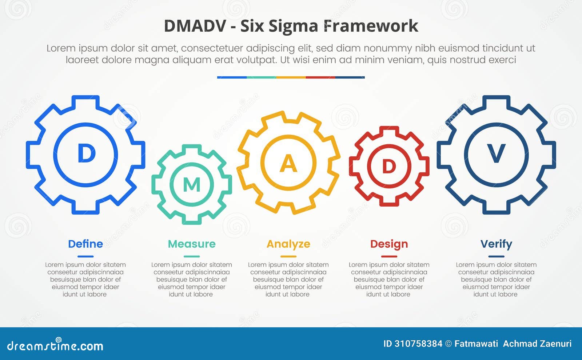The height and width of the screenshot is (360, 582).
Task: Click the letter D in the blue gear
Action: click(86, 154)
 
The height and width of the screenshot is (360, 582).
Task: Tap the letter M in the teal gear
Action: click(192, 185)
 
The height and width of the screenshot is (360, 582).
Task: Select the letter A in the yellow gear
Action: click(288, 164)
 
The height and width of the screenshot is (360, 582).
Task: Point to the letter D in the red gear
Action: click(389, 167)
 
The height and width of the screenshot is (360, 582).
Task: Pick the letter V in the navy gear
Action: click(496, 154)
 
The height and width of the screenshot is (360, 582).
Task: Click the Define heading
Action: click(85, 244)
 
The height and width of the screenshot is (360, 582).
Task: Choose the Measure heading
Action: click(192, 244)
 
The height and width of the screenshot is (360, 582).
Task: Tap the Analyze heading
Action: click(288, 244)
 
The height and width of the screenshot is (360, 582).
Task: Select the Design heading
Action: click(389, 244)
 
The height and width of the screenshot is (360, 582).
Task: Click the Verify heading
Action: click(496, 244)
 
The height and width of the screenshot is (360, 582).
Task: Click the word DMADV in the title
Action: click(195, 26)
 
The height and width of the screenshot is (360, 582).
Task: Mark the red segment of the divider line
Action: click(320, 77)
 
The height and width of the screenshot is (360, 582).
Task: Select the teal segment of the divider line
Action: click(261, 77)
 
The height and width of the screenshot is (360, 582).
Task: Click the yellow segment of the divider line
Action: click(291, 77)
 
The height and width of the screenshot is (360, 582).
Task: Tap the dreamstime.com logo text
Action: click(55, 346)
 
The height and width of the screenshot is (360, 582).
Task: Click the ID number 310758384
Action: click(418, 344)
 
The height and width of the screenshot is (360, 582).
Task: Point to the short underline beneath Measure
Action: click(192, 256)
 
